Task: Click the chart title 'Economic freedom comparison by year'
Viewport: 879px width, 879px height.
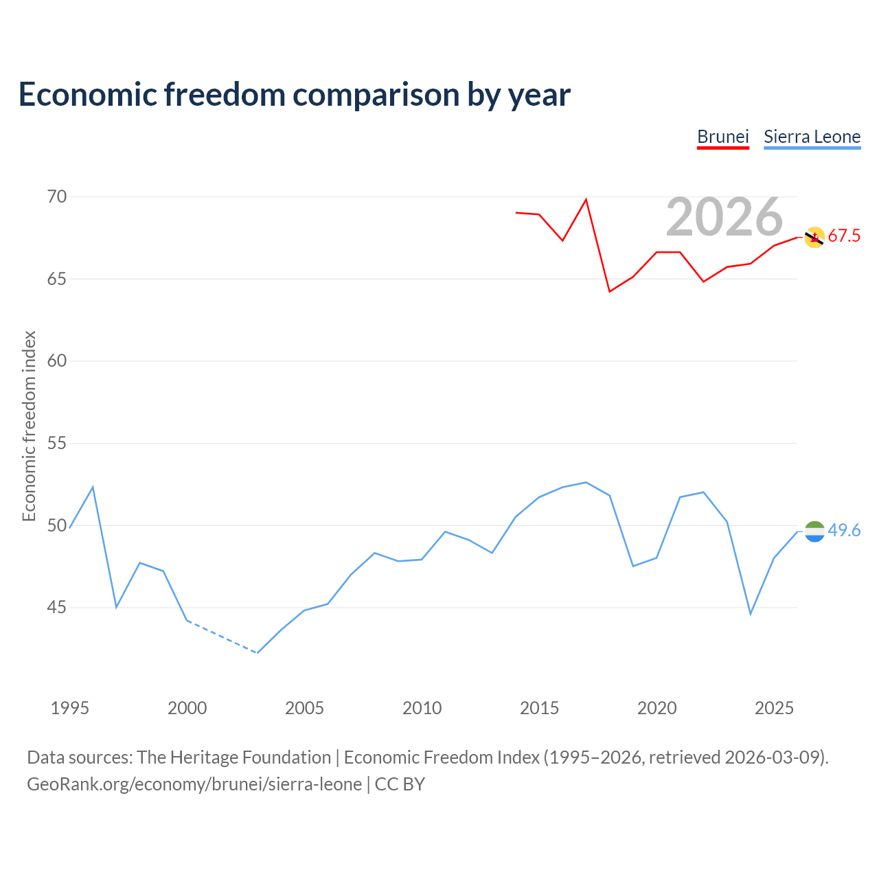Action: (294, 95)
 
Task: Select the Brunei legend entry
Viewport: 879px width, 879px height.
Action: (722, 137)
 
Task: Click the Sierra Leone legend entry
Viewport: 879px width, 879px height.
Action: (812, 137)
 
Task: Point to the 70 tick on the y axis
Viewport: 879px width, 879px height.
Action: (57, 197)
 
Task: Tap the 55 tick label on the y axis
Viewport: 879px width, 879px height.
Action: (57, 444)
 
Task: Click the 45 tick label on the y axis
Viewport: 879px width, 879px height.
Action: (57, 608)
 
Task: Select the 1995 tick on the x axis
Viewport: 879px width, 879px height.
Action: (69, 708)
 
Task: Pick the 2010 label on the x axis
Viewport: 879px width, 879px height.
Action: (422, 708)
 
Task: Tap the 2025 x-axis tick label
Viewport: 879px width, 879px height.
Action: (774, 708)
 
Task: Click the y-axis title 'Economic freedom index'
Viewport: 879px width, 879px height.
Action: (29, 426)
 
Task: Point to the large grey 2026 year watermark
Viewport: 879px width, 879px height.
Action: (724, 217)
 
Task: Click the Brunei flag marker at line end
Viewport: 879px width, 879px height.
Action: (814, 238)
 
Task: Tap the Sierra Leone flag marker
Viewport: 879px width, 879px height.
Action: (814, 532)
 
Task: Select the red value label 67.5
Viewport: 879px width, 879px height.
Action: (844, 236)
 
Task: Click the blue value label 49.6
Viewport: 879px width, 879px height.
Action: (844, 531)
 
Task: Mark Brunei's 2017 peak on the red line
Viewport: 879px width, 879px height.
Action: (586, 200)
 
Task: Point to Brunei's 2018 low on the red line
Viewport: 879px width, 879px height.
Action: (609, 292)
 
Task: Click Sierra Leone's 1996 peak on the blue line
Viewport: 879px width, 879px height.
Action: (93, 487)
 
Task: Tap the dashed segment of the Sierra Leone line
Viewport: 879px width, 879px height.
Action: (222, 637)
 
